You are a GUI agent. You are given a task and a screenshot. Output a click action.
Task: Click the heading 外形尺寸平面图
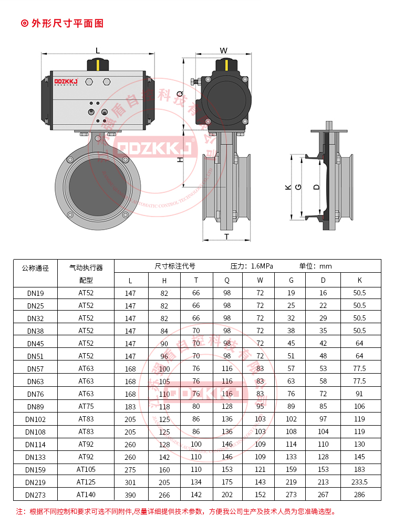[68, 23]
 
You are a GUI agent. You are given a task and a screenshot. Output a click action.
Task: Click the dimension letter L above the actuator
[98, 50]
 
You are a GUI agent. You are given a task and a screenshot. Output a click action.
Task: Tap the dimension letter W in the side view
[224, 50]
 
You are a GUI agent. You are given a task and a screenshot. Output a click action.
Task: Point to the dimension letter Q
[179, 93]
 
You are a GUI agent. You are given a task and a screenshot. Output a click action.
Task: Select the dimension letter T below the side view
[226, 236]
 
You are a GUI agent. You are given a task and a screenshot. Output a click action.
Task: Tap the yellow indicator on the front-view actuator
[98, 65]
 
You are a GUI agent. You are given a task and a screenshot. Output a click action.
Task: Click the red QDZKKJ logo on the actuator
[66, 81]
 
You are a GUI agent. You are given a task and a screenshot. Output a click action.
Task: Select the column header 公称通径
[35, 267]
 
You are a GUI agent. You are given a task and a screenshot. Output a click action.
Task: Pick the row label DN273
[35, 495]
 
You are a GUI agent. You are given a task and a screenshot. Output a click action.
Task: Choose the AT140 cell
[86, 495]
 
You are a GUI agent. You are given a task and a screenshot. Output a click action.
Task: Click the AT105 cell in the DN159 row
[86, 469]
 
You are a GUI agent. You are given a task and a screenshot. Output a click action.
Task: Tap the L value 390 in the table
[130, 495]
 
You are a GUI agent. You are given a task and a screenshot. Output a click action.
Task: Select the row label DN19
[35, 293]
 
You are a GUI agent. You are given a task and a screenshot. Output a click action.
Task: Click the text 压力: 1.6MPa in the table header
[252, 266]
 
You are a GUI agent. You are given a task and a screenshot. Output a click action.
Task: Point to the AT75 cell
[86, 406]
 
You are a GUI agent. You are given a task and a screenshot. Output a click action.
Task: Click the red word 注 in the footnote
[20, 511]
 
